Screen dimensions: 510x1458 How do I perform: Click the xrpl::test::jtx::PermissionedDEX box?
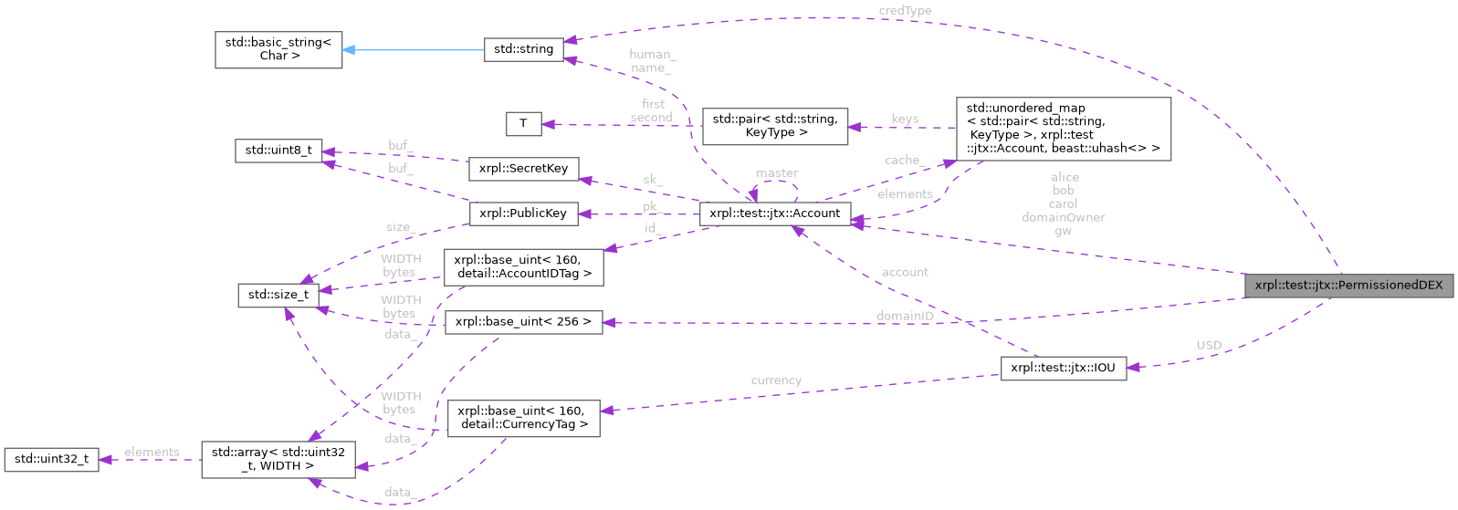point(1348,285)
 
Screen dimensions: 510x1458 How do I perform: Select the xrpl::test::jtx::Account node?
point(774,213)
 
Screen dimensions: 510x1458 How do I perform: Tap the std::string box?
point(523,49)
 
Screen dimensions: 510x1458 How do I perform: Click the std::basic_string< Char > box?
point(278,49)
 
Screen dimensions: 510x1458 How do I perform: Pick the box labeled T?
point(523,123)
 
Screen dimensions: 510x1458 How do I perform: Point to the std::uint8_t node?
point(278,151)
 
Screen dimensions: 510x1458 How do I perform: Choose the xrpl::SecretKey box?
point(523,168)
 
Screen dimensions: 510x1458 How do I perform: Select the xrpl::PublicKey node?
point(523,213)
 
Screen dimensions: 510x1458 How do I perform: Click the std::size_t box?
point(278,294)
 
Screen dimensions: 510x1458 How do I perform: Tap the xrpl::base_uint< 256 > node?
point(523,321)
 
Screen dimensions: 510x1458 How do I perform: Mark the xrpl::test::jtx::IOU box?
point(1063,368)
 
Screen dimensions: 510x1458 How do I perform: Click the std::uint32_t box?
point(51,459)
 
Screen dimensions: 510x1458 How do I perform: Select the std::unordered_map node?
point(1063,128)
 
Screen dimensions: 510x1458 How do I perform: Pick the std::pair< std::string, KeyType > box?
point(774,126)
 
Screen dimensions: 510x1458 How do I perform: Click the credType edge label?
point(905,10)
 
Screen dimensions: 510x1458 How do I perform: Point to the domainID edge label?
point(905,316)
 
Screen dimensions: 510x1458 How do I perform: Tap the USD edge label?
point(1209,345)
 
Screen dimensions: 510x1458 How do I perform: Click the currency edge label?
point(776,380)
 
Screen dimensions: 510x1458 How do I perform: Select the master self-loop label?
point(777,172)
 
